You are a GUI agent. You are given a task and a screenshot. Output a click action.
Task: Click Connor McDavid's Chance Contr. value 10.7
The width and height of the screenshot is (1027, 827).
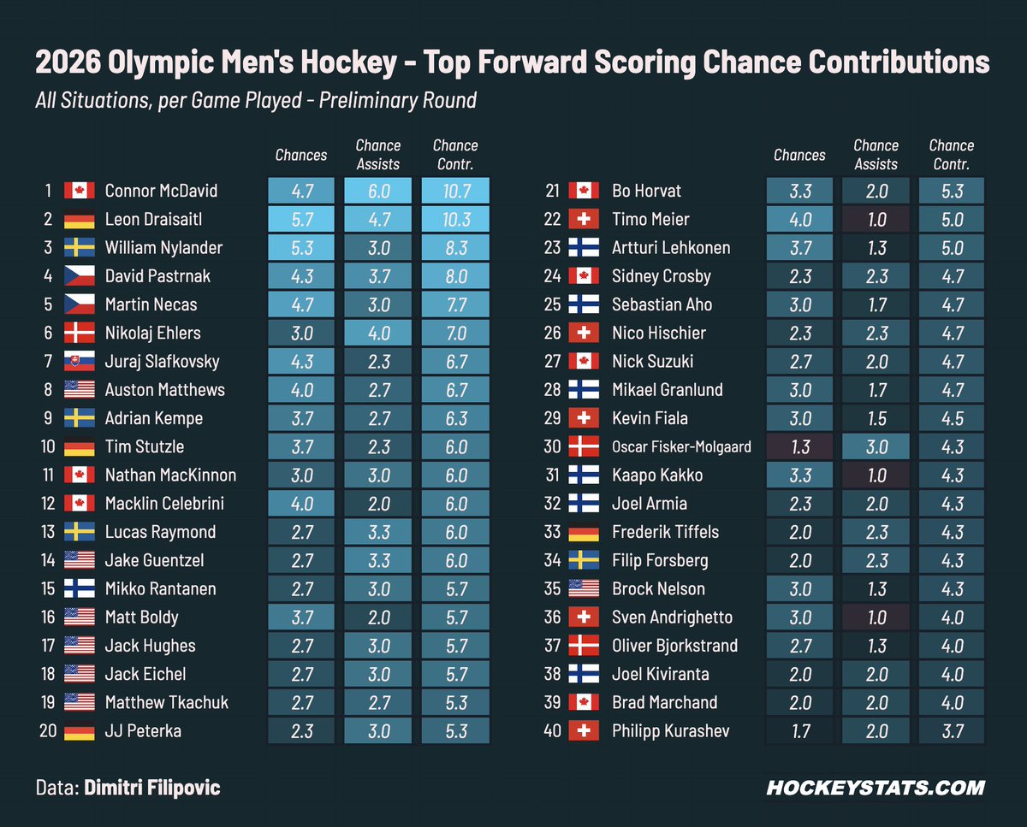(x=455, y=191)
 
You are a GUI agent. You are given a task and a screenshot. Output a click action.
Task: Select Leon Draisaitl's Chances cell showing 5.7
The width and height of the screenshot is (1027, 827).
(x=301, y=219)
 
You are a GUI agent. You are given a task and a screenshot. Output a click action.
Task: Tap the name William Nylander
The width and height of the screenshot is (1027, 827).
(x=163, y=248)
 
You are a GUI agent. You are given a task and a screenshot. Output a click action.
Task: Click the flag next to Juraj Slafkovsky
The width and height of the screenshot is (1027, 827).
(x=79, y=362)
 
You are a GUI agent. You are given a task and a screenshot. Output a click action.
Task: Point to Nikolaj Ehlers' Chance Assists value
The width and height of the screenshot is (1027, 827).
(x=378, y=333)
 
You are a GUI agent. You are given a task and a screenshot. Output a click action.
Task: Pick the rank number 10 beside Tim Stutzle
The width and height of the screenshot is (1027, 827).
(x=47, y=446)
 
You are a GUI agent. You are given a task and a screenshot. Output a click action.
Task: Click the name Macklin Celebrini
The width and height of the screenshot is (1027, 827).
(x=164, y=504)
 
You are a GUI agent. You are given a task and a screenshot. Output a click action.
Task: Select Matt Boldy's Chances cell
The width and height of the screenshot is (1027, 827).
(x=301, y=617)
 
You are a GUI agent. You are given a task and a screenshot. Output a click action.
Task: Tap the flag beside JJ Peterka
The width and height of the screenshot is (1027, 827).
(x=79, y=731)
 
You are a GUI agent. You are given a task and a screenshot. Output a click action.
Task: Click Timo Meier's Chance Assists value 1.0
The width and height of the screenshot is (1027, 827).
(x=876, y=219)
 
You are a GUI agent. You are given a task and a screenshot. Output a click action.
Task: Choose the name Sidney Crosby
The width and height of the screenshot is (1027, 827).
(x=662, y=276)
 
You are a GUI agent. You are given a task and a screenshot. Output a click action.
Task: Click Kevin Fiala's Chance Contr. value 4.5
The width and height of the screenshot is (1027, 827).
(x=952, y=418)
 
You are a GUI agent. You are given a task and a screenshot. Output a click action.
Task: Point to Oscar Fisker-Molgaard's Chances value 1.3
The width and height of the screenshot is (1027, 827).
(x=799, y=446)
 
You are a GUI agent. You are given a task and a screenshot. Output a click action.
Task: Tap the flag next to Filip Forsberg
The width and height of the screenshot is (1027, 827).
(x=584, y=560)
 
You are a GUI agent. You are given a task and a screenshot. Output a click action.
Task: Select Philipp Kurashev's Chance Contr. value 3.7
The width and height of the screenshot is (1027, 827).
(x=952, y=731)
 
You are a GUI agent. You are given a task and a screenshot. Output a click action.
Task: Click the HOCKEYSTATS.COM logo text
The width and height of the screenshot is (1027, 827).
(x=875, y=788)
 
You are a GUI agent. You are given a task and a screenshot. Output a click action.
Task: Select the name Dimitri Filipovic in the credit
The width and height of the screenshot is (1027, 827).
(x=151, y=788)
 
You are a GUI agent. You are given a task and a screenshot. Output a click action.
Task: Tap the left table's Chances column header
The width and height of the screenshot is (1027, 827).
(x=301, y=156)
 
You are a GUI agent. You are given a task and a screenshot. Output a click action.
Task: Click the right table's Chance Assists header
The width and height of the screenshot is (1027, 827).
(x=876, y=155)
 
